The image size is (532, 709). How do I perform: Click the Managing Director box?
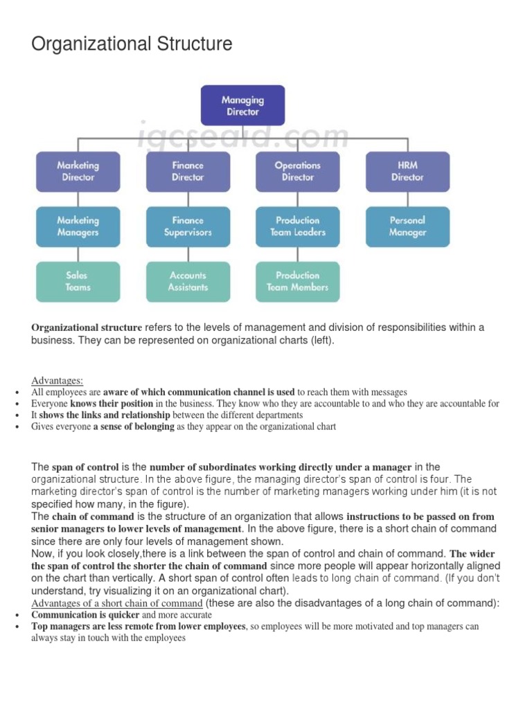point(242,105)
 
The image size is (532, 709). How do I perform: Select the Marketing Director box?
point(78,172)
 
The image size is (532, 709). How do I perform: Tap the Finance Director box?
point(188,172)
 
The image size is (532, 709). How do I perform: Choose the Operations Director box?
point(297,172)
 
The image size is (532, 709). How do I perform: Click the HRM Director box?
point(407,172)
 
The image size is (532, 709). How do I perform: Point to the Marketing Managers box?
point(78,226)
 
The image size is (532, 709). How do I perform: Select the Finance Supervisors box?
point(188,226)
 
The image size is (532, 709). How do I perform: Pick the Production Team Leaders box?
point(297,226)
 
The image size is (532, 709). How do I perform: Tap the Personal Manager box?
point(407,226)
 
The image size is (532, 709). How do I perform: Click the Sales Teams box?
point(78,281)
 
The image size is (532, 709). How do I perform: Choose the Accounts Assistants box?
point(188,281)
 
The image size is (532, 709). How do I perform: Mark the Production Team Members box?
point(297,281)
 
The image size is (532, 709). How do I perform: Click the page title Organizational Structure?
point(132,45)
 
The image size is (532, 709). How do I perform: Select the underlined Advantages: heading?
point(57,380)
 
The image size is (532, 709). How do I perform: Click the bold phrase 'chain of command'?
point(93,517)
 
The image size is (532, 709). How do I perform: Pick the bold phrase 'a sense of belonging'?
point(134,427)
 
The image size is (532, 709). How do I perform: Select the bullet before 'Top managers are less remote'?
point(17,627)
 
